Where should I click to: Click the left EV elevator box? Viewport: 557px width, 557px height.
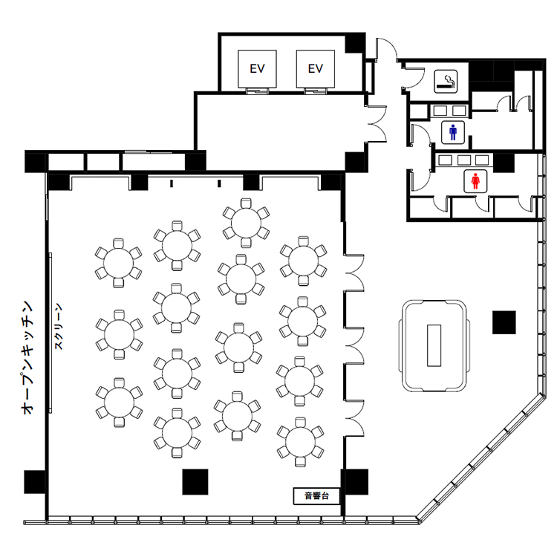tap(257, 68)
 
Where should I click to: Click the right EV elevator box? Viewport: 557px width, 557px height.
tap(316, 68)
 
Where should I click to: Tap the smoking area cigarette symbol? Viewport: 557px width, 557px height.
tap(446, 82)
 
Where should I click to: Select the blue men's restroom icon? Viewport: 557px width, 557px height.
tap(453, 132)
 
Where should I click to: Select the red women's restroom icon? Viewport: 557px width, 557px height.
tap(475, 180)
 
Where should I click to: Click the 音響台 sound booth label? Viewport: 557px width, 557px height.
tap(316, 495)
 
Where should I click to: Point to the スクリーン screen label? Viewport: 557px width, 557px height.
tap(59, 326)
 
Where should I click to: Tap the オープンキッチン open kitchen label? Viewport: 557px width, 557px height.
tap(27, 358)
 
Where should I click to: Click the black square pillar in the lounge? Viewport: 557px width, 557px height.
tap(504, 322)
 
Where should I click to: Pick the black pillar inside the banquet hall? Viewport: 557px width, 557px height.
tap(195, 482)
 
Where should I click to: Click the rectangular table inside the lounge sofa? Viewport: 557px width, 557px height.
tap(434, 345)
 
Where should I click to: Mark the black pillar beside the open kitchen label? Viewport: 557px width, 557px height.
tap(35, 482)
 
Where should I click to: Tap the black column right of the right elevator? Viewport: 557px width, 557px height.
tap(355, 43)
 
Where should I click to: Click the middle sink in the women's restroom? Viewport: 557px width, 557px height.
tap(464, 160)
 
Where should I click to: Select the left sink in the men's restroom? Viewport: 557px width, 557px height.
tap(440, 111)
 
